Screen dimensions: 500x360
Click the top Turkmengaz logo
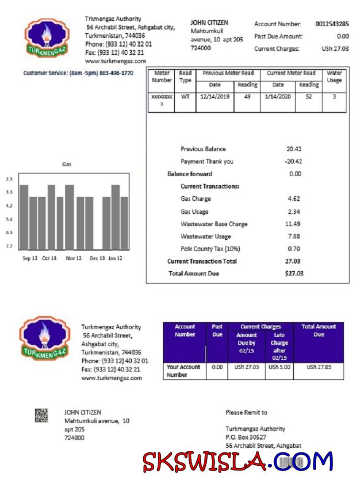[47, 38]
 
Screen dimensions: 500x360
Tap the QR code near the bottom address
[41, 416]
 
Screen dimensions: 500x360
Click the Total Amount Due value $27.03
[294, 274]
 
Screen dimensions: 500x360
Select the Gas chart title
[67, 165]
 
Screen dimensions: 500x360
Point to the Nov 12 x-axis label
[73, 258]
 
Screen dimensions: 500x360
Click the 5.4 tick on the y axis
[9, 220]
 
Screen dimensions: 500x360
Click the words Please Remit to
[246, 412]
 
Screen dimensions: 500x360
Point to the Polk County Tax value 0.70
[294, 249]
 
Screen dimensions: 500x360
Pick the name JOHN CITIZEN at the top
[209, 23]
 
